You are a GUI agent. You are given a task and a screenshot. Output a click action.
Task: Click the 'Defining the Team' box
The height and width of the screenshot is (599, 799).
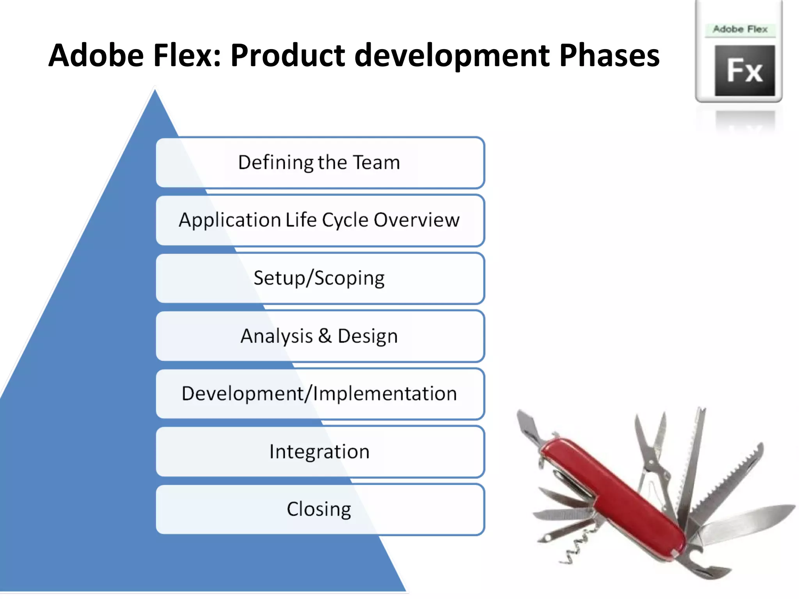coord(320,163)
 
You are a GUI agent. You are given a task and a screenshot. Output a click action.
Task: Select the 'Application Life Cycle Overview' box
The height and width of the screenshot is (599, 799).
coord(320,220)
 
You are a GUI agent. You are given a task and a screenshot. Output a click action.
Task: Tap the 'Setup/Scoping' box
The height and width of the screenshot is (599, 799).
coord(320,278)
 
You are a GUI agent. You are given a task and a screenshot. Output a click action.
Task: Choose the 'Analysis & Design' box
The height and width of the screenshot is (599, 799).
coord(320,336)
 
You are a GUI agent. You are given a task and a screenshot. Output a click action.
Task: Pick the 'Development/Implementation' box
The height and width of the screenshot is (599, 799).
coord(320,394)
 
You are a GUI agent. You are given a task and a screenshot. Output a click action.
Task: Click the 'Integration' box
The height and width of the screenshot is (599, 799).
coord(320,452)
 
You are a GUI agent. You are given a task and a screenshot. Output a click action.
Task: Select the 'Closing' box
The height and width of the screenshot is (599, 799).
coord(320,509)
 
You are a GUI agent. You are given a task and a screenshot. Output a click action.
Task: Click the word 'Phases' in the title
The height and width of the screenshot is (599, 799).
coord(609,56)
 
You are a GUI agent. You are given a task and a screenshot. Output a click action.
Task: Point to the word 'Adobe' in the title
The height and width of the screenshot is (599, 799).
coord(96,56)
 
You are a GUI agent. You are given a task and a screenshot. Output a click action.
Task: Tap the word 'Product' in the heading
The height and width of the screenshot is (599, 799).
coord(288,56)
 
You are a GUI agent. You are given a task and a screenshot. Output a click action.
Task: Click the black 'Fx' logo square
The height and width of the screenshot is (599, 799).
coord(744,71)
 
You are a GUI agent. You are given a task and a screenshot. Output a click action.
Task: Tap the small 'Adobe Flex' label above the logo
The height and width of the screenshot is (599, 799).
coord(740,29)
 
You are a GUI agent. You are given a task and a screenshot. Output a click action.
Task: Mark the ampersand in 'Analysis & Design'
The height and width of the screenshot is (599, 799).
coord(325,336)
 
